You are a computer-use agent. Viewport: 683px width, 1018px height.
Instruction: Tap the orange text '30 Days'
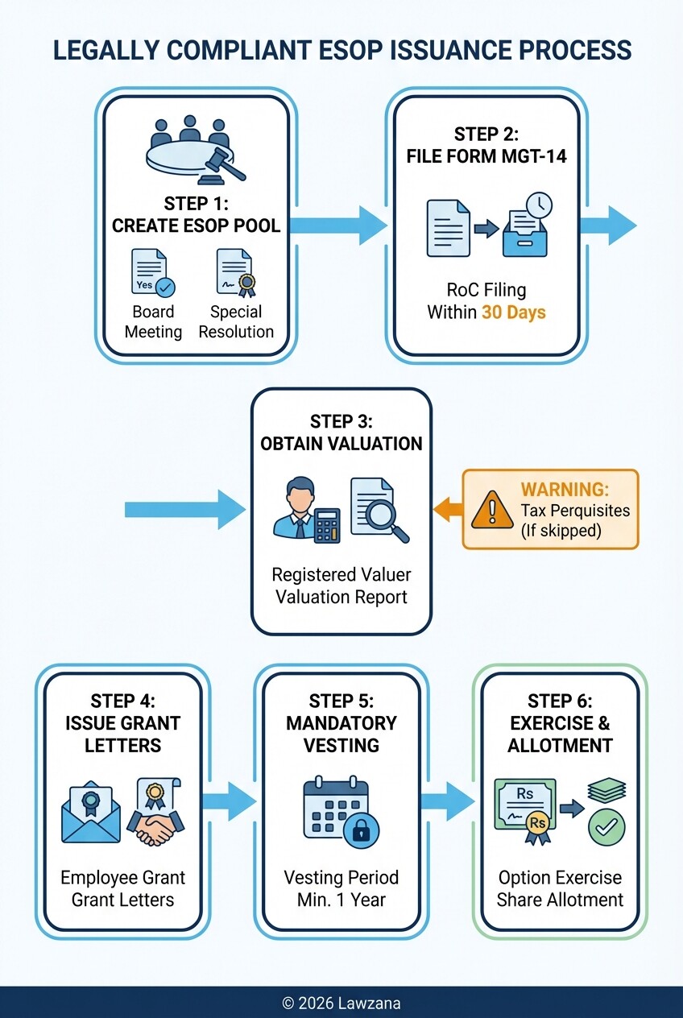pos(513,312)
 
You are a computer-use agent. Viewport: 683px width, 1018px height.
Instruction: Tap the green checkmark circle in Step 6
pos(606,828)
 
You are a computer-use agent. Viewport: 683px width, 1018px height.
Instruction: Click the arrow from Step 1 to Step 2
pos(338,225)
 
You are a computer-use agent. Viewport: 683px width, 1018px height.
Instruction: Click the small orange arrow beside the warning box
pos(448,508)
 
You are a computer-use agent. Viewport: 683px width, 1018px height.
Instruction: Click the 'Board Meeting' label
pos(153,321)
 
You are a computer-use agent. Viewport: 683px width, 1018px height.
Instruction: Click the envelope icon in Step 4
pos(91,814)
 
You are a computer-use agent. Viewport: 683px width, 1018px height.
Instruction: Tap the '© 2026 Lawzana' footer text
pos(341,1004)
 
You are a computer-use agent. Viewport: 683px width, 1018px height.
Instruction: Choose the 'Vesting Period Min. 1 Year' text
pos(341,888)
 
